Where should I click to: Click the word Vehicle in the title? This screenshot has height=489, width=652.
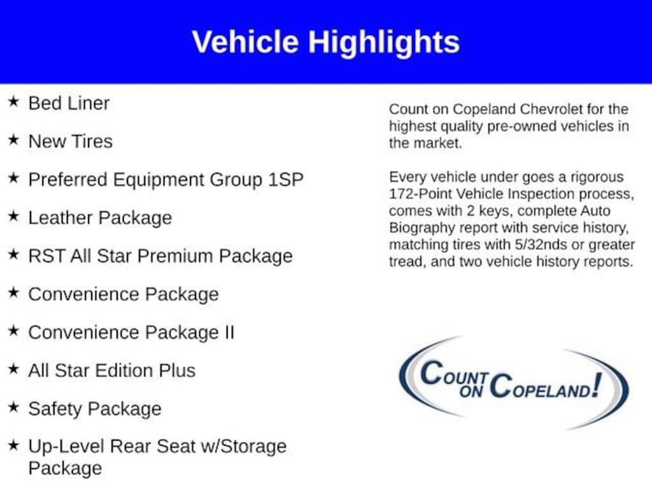(245, 41)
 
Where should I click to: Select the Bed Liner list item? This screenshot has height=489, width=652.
(69, 103)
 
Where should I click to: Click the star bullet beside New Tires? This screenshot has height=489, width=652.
(14, 139)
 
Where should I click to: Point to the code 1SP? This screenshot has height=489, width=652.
(286, 180)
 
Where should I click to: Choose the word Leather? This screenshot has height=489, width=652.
(61, 218)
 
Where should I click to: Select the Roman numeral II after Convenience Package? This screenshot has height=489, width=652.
(230, 332)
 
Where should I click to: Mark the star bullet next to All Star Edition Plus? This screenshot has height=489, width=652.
(14, 369)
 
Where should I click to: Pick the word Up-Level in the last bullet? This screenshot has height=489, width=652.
(66, 446)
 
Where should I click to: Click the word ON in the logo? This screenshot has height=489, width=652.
(471, 391)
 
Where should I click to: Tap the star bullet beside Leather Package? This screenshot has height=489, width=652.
(14, 216)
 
